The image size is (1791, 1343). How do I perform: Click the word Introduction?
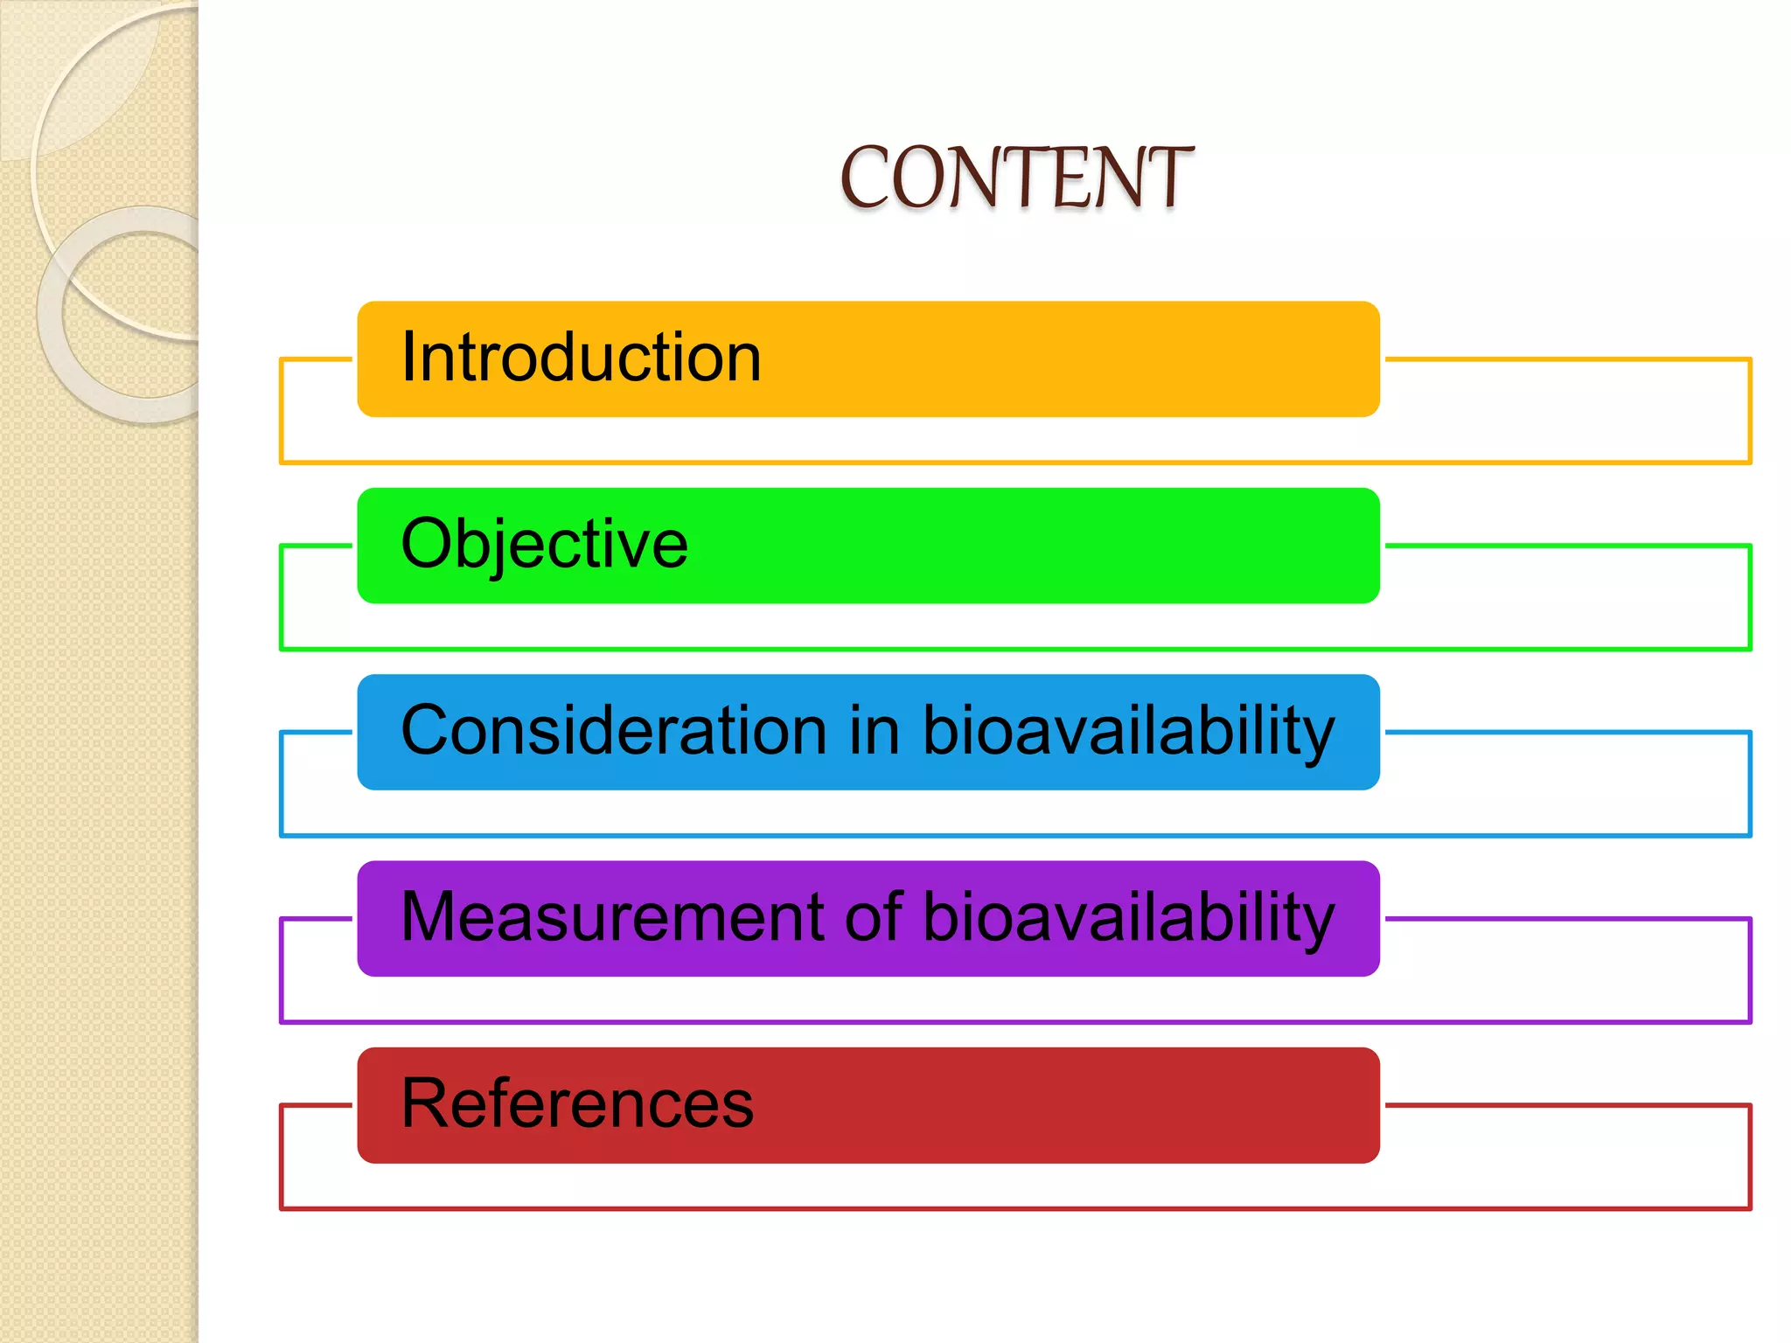581,358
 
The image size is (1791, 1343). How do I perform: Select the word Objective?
544,544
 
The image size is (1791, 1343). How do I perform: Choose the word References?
577,1103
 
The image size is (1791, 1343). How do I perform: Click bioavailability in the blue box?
1128,730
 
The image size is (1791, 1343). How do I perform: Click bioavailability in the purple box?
1128,916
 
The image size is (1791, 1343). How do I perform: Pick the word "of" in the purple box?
874,916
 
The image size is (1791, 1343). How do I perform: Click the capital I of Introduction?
408,358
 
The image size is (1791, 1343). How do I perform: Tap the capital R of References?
423,1103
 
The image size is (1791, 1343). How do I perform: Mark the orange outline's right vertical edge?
1749,411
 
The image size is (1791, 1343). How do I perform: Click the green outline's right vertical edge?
1749,597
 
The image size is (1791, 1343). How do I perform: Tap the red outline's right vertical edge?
1749,1157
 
